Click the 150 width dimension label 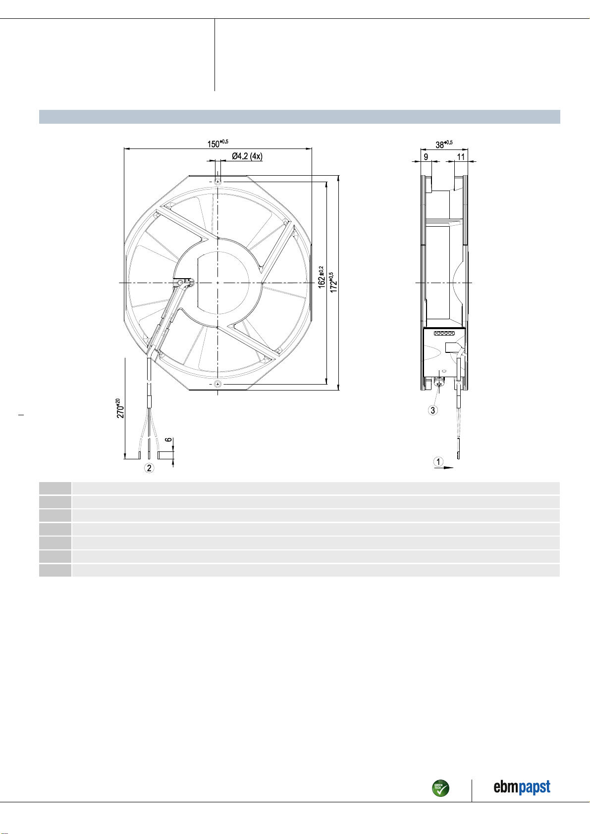217,144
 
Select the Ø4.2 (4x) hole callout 247,156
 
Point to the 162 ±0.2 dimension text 322,277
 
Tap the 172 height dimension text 333,282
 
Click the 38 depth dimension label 444,144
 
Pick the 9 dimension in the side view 426,157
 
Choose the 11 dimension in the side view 461,157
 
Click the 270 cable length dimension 120,408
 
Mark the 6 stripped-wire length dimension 169,440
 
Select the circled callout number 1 438,462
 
